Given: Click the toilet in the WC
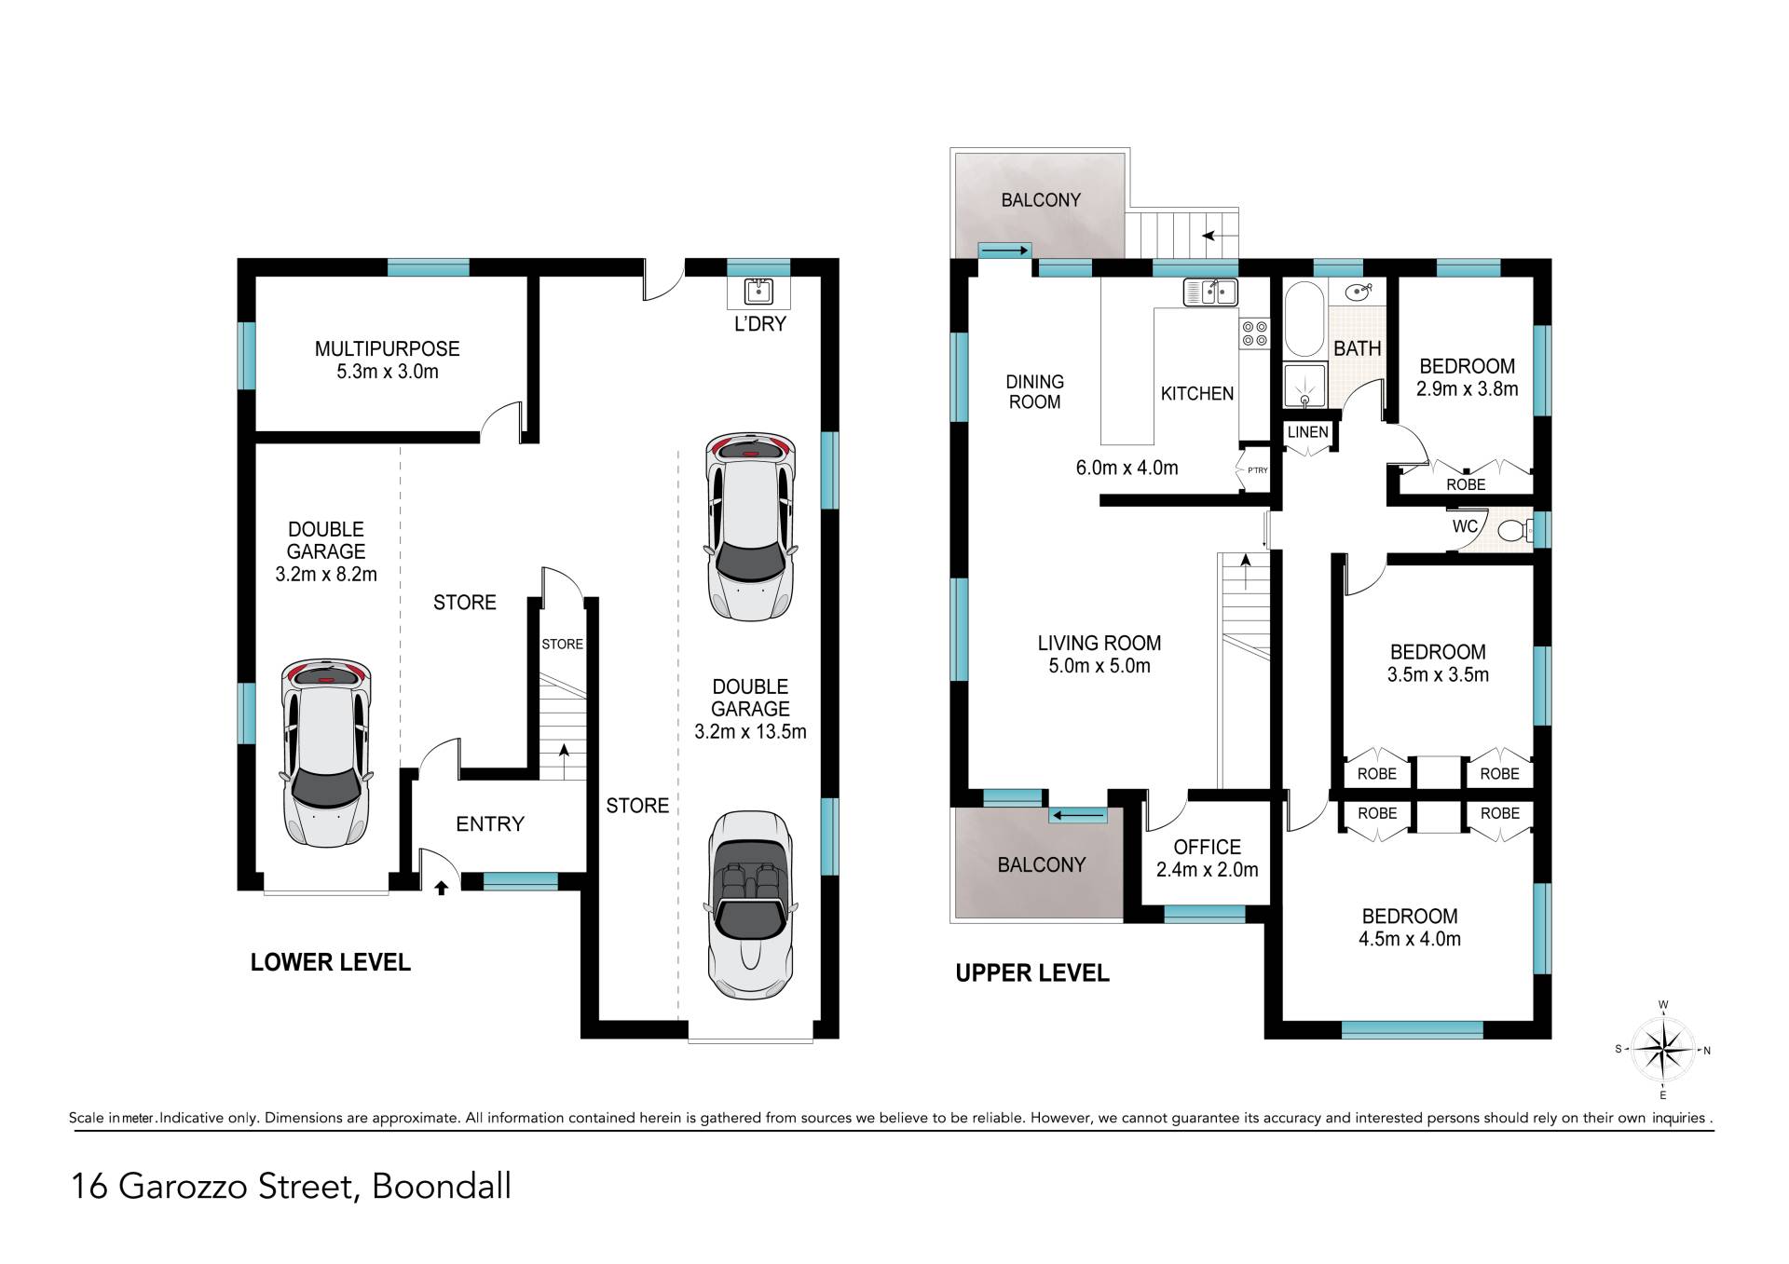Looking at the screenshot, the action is (1513, 531).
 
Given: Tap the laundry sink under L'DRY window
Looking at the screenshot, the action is (758, 292).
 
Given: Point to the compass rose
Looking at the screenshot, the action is (1663, 1050).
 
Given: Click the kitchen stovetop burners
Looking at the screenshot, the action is (1254, 334).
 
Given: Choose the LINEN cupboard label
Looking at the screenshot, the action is (1307, 432).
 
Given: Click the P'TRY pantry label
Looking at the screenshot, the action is (1257, 470).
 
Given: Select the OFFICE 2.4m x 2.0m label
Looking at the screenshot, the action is (1207, 858).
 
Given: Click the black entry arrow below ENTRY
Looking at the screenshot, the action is (442, 888).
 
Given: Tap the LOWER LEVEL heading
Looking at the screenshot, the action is (330, 962).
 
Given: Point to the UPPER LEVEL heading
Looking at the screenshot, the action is (1032, 973).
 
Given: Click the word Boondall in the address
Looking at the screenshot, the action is (442, 1187).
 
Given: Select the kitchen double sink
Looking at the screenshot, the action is (1209, 292).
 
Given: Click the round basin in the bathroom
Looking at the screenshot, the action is (1357, 292).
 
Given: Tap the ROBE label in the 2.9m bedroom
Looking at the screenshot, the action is (1466, 484).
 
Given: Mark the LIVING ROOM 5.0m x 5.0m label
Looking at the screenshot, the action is (1099, 654).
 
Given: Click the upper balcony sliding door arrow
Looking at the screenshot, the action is (1004, 250).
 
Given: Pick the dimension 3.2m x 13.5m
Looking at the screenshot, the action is (750, 731).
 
